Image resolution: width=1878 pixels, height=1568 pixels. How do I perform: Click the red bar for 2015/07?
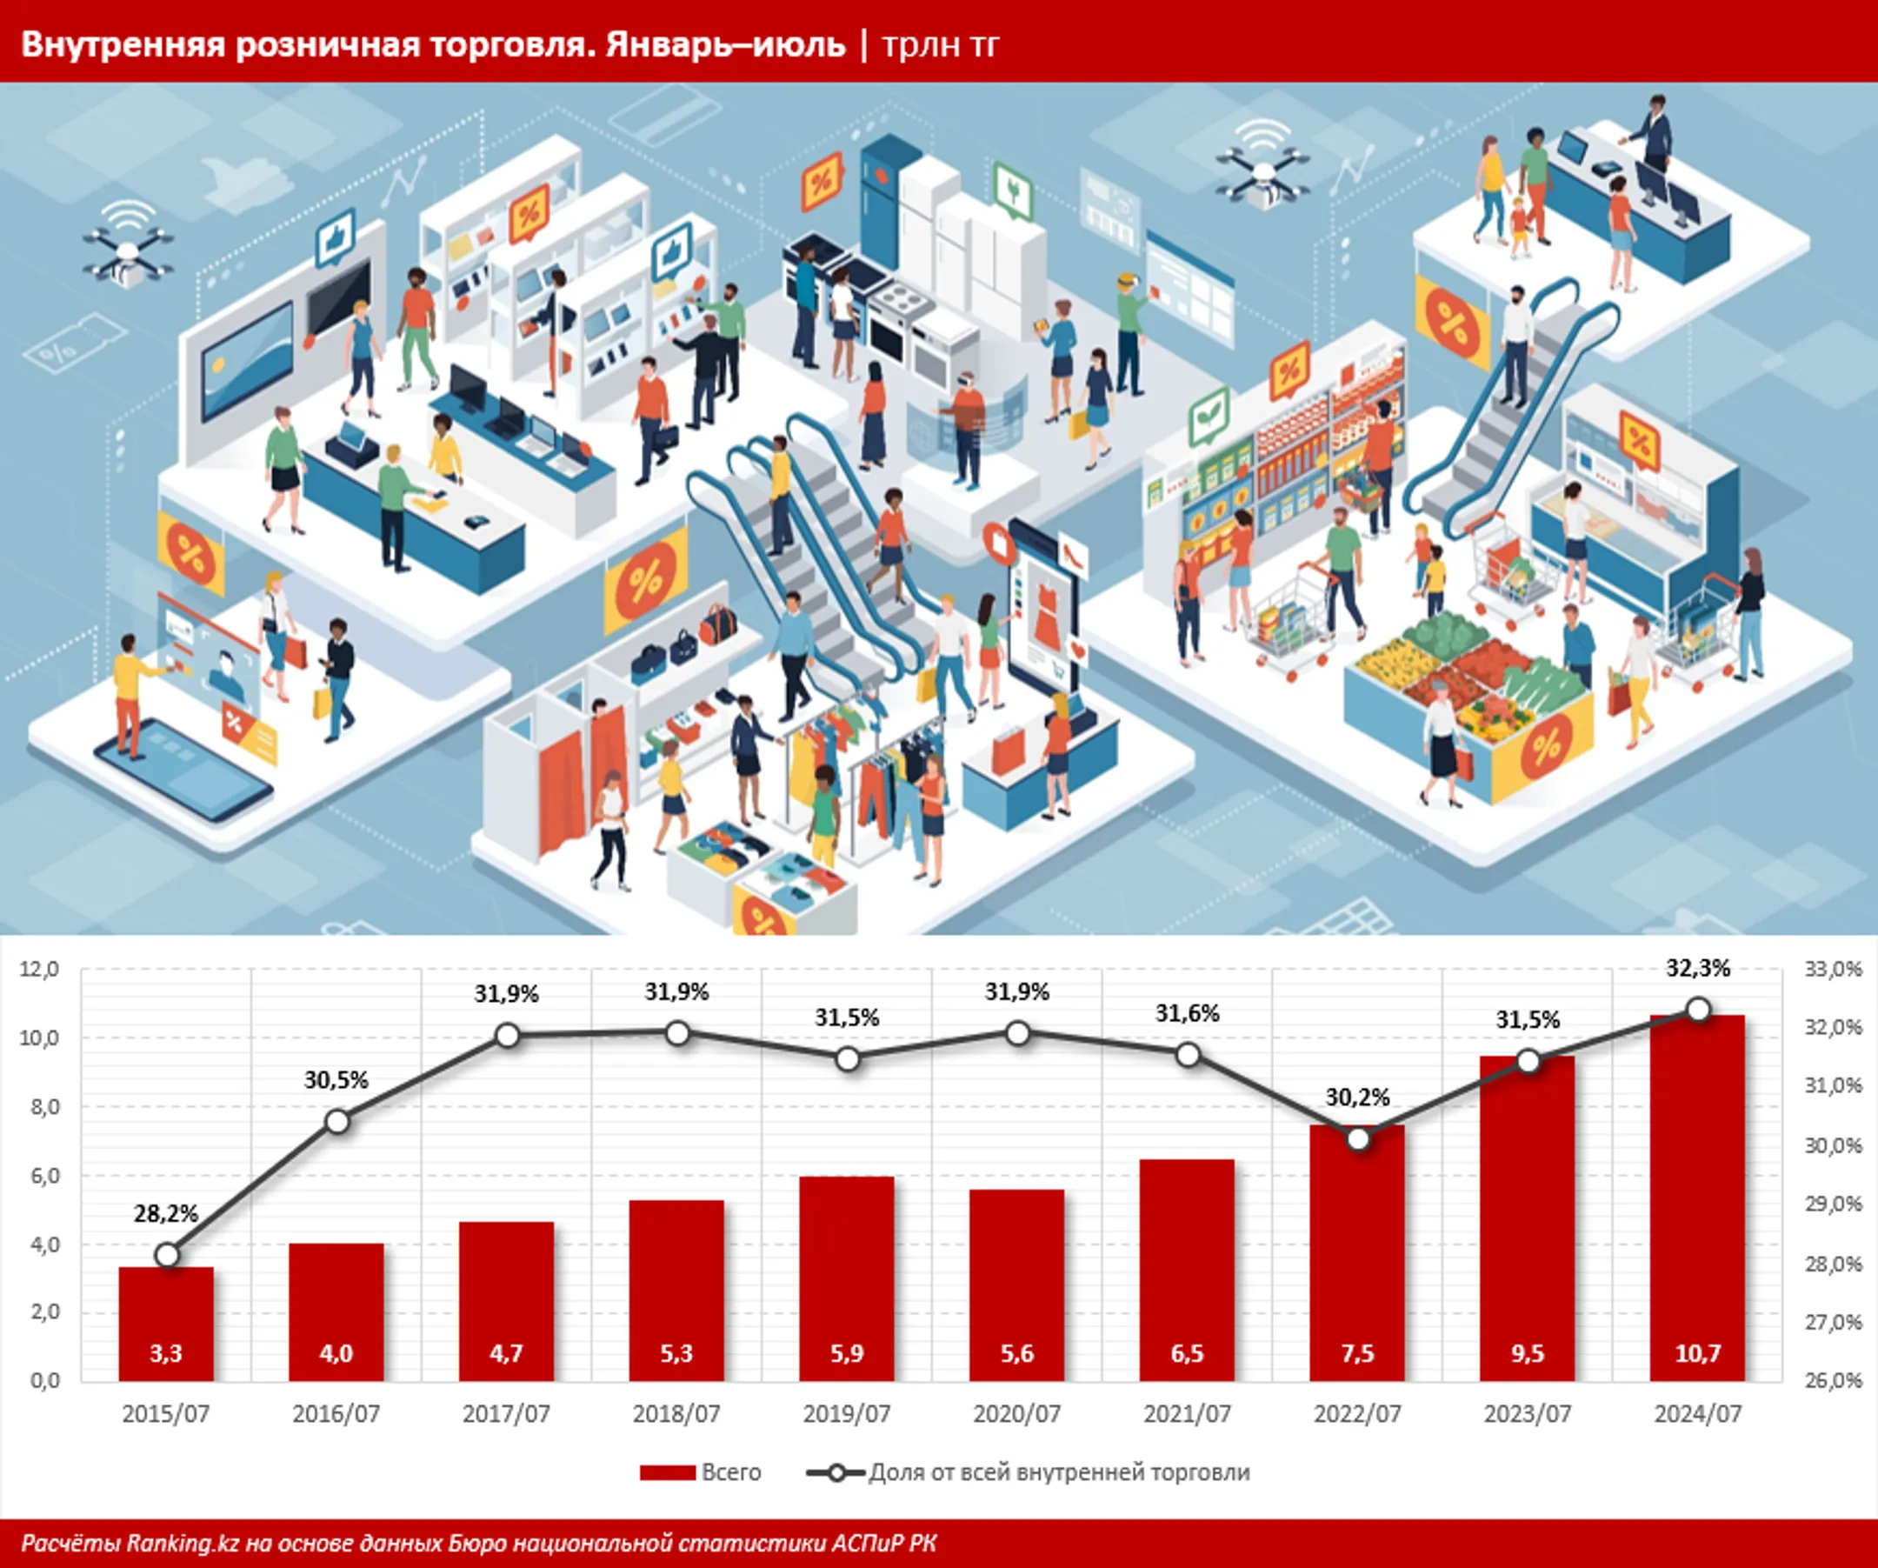(x=166, y=1324)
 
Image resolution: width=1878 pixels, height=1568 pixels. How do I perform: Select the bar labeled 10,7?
(x=1697, y=1198)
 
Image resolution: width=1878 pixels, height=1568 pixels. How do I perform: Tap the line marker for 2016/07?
(x=337, y=1121)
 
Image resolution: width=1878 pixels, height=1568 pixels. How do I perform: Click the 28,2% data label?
(x=166, y=1213)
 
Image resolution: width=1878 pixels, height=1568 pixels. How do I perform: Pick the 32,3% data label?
(x=1698, y=968)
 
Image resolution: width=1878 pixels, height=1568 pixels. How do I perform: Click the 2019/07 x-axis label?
(x=847, y=1414)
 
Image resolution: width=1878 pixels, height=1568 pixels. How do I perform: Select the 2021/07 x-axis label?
(x=1188, y=1414)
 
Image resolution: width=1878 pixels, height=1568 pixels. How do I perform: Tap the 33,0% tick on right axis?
(x=1834, y=970)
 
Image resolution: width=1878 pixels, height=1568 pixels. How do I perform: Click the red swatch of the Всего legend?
(x=667, y=1473)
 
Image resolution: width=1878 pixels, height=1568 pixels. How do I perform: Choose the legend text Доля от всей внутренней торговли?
(x=1059, y=1473)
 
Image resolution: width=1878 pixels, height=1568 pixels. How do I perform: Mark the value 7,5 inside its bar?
(x=1357, y=1353)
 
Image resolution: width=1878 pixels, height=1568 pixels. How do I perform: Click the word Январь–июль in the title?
(x=725, y=44)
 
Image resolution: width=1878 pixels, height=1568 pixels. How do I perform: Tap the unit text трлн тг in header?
(x=940, y=45)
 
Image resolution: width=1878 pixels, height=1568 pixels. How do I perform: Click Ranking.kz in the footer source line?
(x=183, y=1543)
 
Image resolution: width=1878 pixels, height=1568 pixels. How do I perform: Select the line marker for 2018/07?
(x=678, y=1034)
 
